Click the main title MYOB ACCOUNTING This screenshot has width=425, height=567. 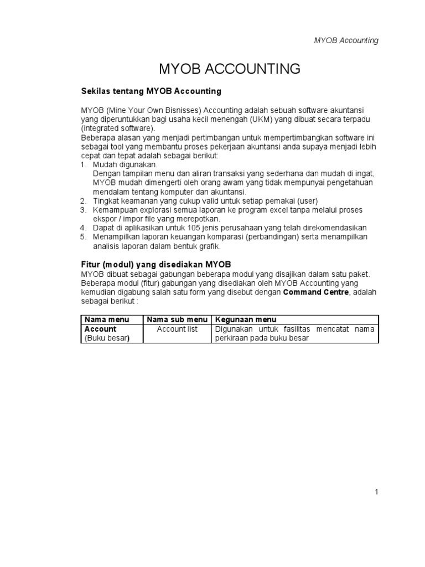pos(229,69)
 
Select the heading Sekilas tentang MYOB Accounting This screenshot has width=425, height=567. pos(151,90)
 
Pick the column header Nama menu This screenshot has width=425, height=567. pos(106,319)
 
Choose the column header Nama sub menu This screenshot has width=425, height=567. pos(177,319)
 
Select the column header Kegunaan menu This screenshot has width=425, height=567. pos(246,319)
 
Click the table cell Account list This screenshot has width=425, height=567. pos(177,329)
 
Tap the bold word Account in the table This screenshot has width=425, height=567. pos(100,329)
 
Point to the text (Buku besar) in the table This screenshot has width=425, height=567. pos(107,338)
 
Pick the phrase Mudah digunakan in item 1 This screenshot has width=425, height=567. pos(125,165)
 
